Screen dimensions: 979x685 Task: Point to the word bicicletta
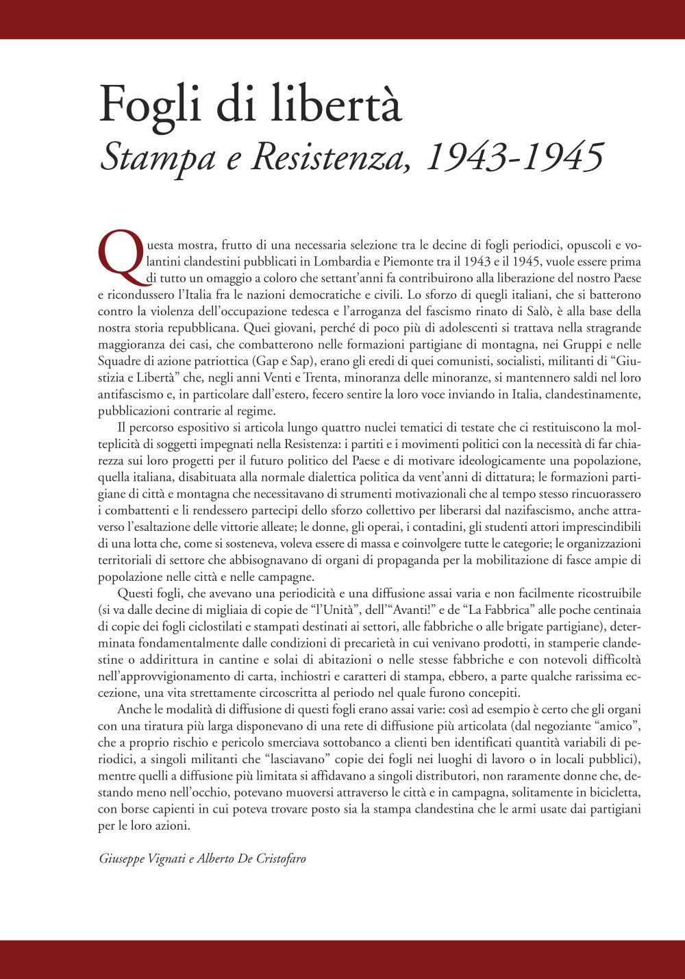(613, 792)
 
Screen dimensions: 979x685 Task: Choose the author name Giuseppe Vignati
(141, 858)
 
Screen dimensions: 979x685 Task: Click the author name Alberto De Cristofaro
(251, 858)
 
